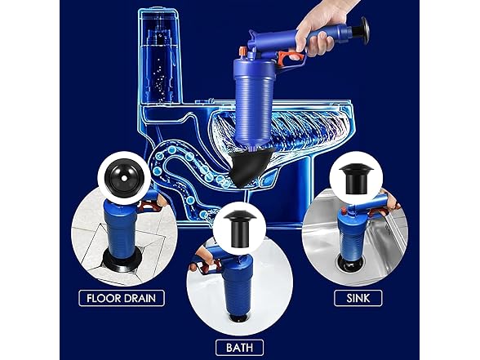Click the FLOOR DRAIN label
(x=122, y=298)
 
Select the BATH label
(x=238, y=348)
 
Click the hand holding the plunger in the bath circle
(x=198, y=265)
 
